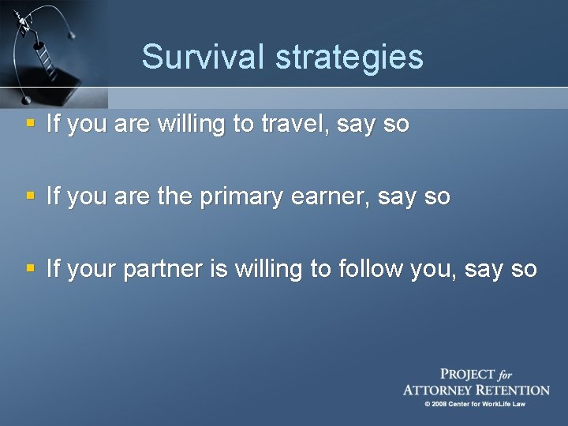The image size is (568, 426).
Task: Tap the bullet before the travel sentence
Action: [x=29, y=123]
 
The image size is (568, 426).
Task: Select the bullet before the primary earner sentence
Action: [x=29, y=196]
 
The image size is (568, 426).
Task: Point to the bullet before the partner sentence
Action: [x=29, y=269]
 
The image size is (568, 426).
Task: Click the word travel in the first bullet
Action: [x=291, y=124]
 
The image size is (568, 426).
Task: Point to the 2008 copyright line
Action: [x=474, y=405]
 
